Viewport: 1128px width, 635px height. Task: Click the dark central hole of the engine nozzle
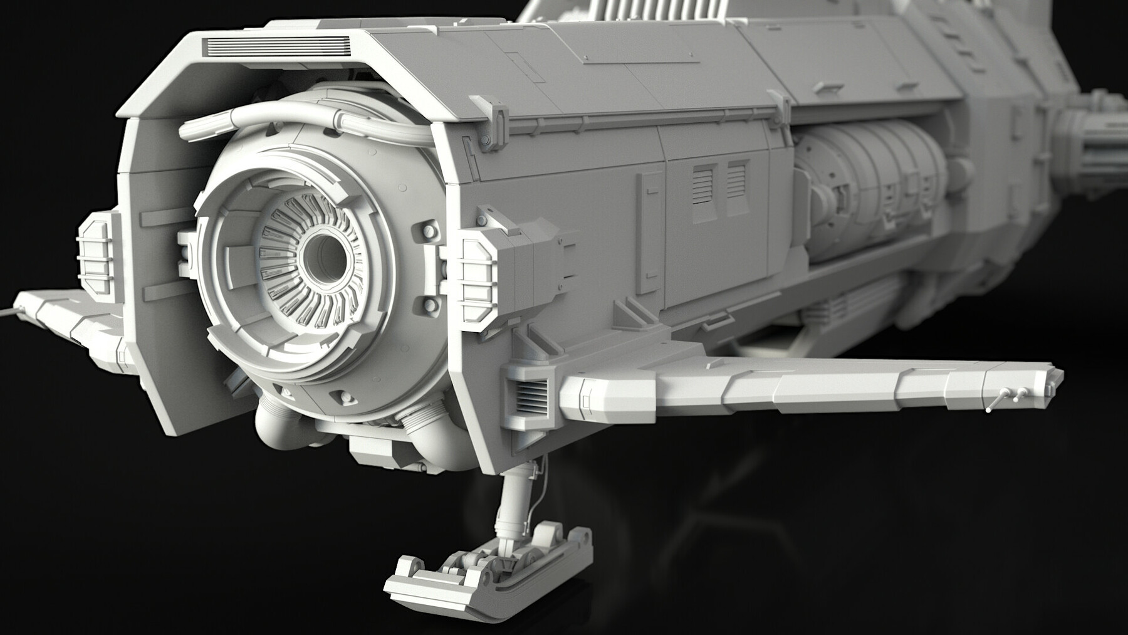[x=323, y=258]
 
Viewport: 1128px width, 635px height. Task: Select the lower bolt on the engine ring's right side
[x=430, y=305]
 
